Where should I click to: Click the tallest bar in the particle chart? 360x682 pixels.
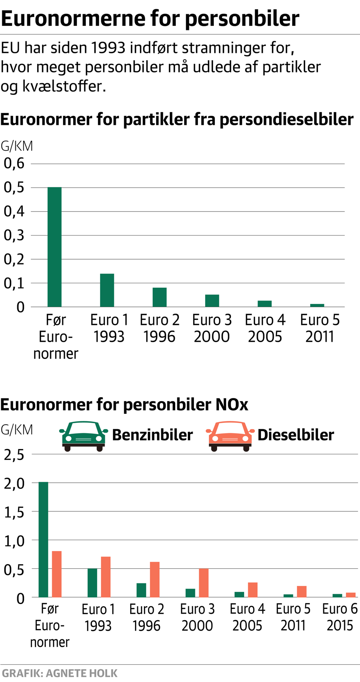click(x=54, y=247)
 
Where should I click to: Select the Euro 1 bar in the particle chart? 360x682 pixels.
click(x=107, y=290)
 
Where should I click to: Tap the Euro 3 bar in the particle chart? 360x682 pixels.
click(x=212, y=301)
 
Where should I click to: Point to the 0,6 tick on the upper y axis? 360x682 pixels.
click(x=14, y=164)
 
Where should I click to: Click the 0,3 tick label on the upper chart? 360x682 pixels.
click(x=14, y=236)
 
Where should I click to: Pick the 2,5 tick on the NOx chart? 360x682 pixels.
click(x=14, y=455)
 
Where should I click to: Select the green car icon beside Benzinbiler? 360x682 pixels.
click(x=83, y=436)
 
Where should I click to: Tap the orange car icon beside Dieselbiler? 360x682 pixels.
click(x=230, y=436)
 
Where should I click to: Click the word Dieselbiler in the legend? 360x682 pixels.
click(x=295, y=435)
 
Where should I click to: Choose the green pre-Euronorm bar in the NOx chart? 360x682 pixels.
click(x=43, y=539)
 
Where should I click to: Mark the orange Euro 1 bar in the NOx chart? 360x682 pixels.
click(x=106, y=577)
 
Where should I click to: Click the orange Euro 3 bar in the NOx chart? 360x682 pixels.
click(x=204, y=583)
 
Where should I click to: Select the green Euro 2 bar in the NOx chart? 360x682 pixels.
click(x=141, y=590)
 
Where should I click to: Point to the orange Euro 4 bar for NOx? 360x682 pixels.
click(x=253, y=590)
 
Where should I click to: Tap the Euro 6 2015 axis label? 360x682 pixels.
click(x=340, y=617)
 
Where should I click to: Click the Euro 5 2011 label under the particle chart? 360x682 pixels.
click(x=319, y=328)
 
